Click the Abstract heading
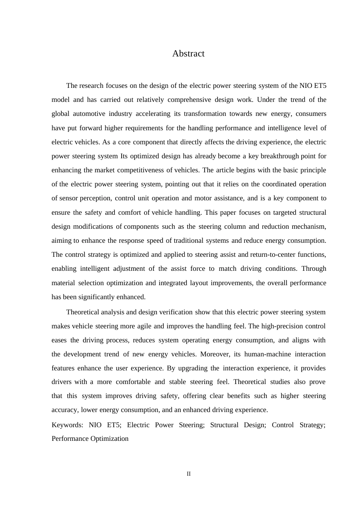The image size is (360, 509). (x=188, y=53)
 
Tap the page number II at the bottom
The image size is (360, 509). (x=188, y=474)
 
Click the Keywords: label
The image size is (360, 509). (x=67, y=425)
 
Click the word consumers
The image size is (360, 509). (x=311, y=114)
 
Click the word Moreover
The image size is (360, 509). (x=214, y=354)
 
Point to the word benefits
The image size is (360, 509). (x=238, y=396)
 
